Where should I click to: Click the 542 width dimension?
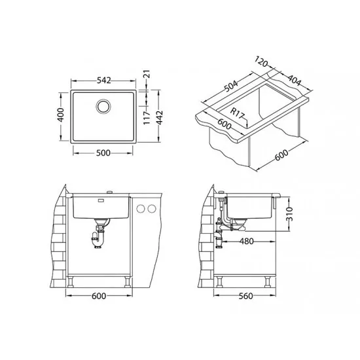(x=104, y=81)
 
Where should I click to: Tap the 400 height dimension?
(x=61, y=115)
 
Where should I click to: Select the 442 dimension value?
(x=159, y=118)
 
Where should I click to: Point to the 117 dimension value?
(x=147, y=118)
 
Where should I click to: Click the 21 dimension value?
(x=147, y=74)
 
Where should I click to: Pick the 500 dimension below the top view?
(x=103, y=153)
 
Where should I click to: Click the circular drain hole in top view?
(x=103, y=106)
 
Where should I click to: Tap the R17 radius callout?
(x=236, y=113)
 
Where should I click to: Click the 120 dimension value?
(x=261, y=62)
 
